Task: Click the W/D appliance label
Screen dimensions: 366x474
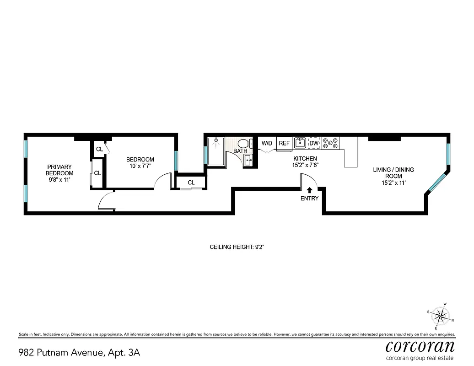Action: click(x=267, y=143)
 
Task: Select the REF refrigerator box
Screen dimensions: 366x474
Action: click(x=284, y=143)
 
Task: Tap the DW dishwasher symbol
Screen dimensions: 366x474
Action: click(x=313, y=143)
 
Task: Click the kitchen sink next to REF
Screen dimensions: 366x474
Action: click(x=300, y=143)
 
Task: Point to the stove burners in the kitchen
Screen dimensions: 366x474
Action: click(x=330, y=143)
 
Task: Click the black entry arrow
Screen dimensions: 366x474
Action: click(x=309, y=190)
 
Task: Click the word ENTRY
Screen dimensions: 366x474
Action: click(x=309, y=199)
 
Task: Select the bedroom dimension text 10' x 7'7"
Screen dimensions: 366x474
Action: click(x=140, y=166)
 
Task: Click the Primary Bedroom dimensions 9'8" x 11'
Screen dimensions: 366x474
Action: click(x=59, y=180)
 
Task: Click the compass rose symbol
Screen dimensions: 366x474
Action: click(x=441, y=316)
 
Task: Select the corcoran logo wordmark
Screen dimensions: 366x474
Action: click(x=420, y=345)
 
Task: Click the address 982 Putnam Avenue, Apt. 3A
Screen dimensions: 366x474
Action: click(x=79, y=353)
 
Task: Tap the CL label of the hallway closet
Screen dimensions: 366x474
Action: click(x=191, y=183)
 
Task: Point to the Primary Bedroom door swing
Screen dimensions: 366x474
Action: click(x=105, y=201)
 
